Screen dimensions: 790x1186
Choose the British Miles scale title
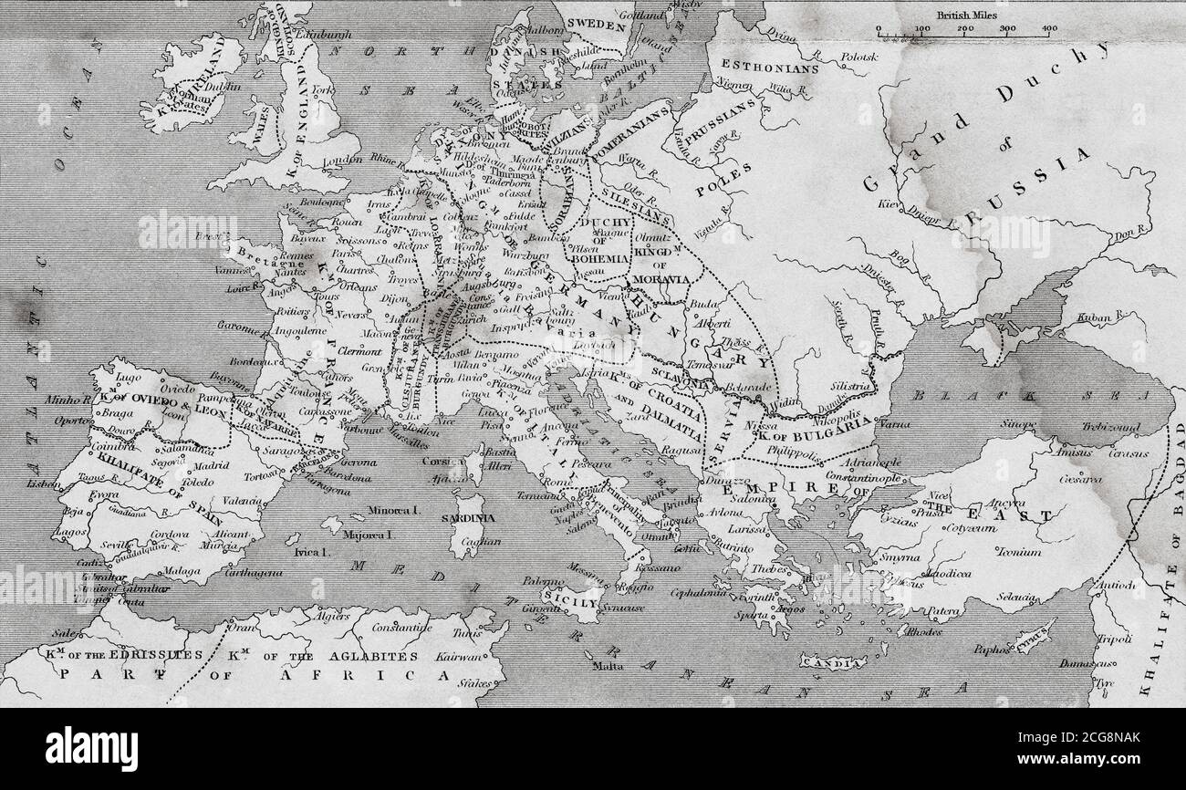[x=965, y=16]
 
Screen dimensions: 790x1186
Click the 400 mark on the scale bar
[x=1049, y=29]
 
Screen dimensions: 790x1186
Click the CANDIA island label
[x=833, y=660]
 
